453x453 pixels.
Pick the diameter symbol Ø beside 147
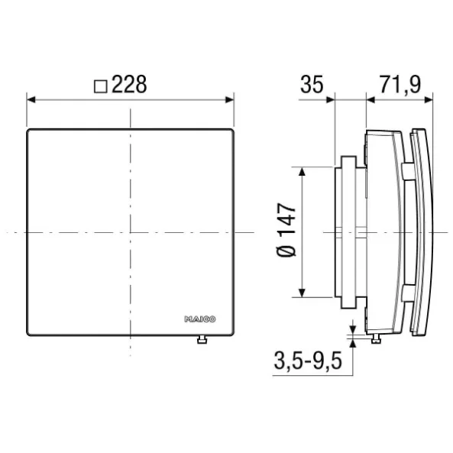[285, 252]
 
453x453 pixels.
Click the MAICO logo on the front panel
[200, 319]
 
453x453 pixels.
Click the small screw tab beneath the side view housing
[375, 339]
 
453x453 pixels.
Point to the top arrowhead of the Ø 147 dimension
[304, 170]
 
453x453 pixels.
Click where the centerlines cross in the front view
[131, 231]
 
